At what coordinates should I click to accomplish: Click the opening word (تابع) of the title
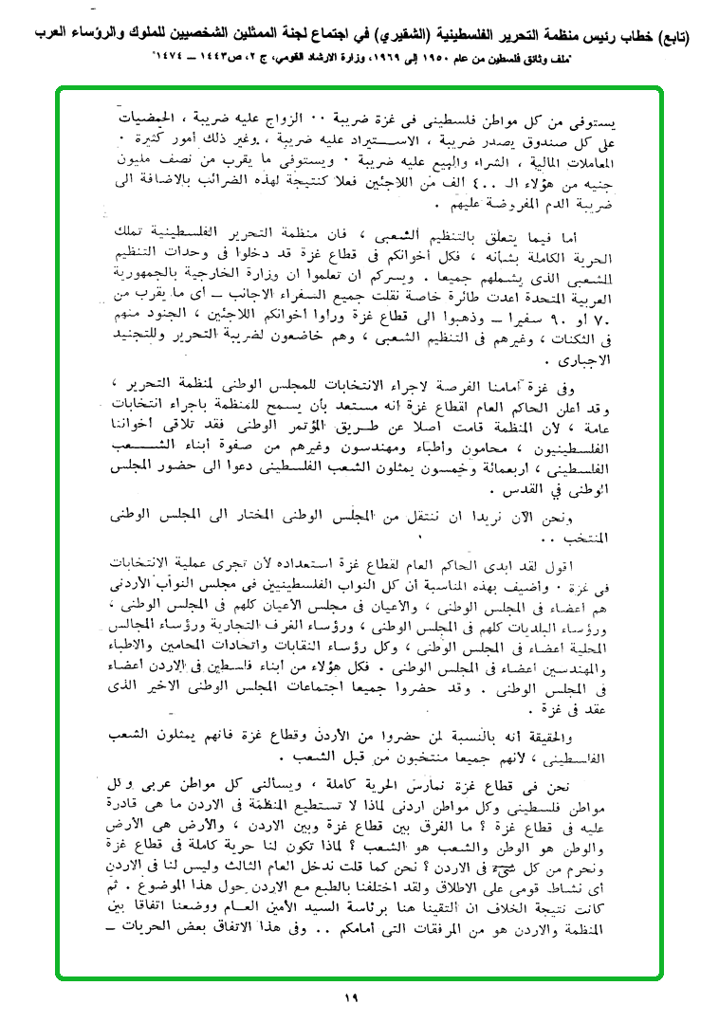click(x=681, y=37)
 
